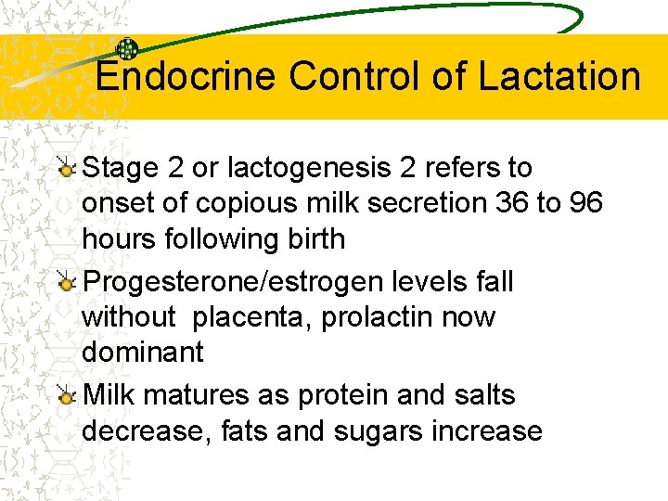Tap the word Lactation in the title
(x=559, y=76)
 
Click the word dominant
(x=142, y=352)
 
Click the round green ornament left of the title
(x=127, y=49)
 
